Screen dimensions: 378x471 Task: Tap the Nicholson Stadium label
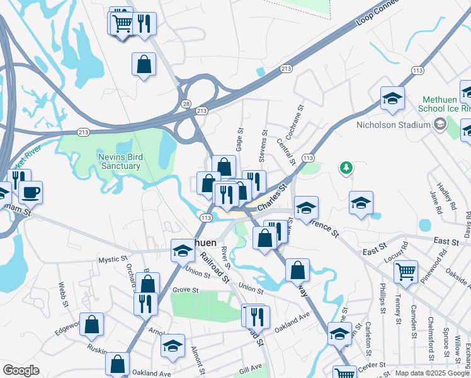click(392, 125)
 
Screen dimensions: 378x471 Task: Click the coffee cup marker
click(30, 192)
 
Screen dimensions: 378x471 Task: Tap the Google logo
click(21, 370)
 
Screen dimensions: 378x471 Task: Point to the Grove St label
click(186, 291)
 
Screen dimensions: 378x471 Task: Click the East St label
click(446, 241)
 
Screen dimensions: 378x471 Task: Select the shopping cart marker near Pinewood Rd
click(406, 272)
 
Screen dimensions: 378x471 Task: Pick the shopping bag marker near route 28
click(144, 64)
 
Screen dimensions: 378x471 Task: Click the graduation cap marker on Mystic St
click(183, 251)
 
